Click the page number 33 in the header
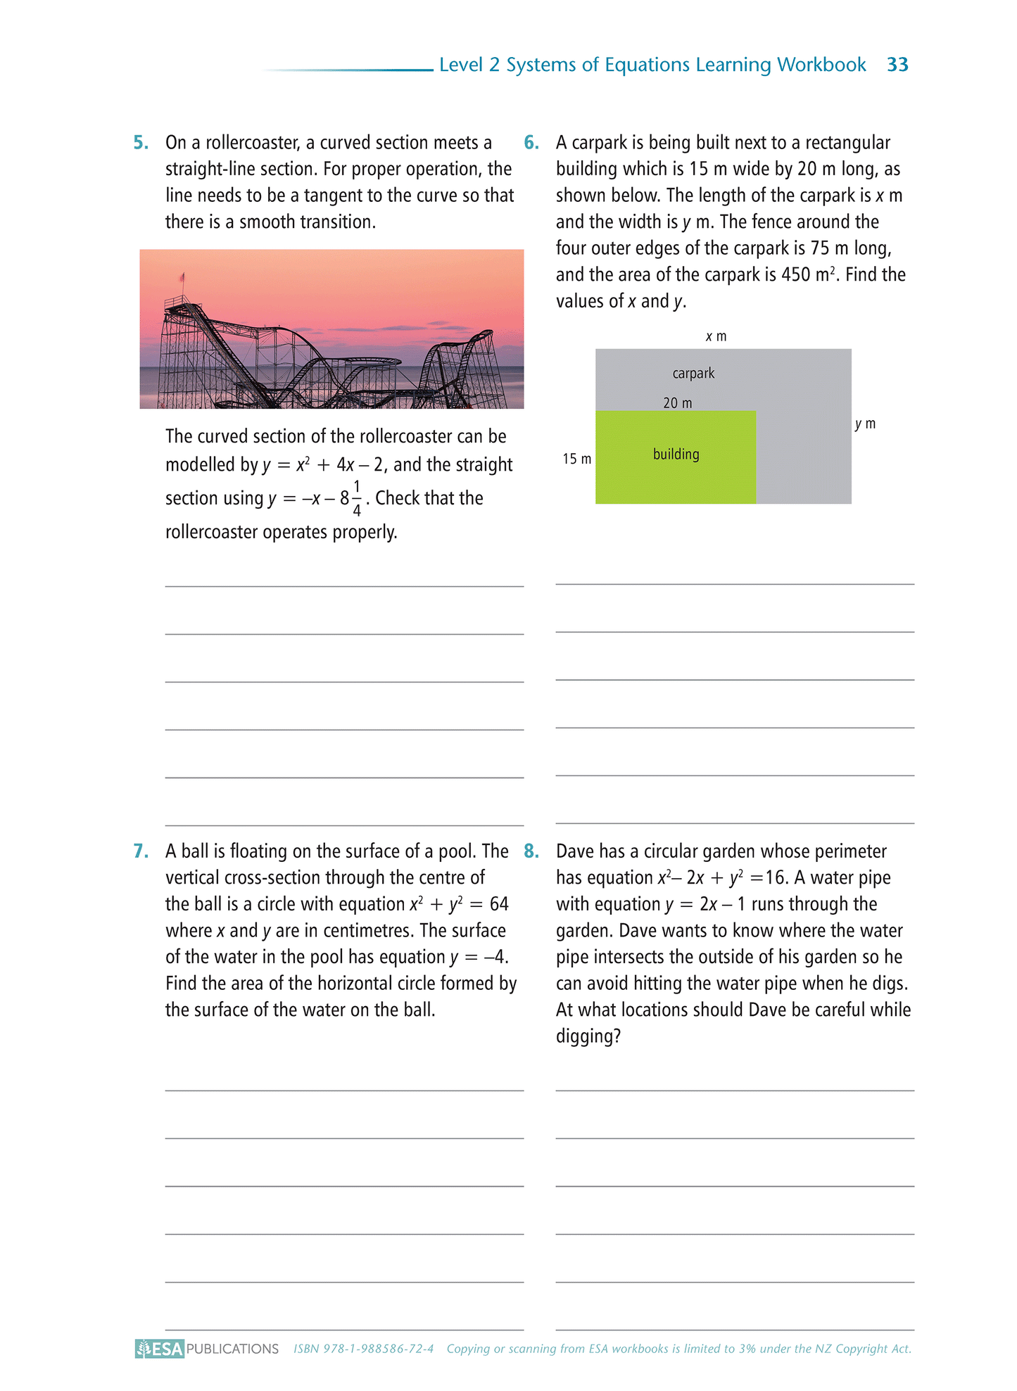(897, 65)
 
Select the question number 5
(141, 143)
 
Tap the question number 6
(531, 143)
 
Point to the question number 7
(141, 851)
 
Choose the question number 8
(531, 851)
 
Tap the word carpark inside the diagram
(693, 374)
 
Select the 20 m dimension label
(677, 403)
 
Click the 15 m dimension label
(576, 459)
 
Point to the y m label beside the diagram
(865, 424)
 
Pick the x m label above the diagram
(716, 336)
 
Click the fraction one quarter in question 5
(357, 498)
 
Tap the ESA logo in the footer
(160, 1349)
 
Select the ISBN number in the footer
(363, 1349)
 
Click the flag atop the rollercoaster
(182, 277)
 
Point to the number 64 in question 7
(499, 904)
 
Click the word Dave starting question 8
(575, 851)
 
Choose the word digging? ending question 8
(588, 1036)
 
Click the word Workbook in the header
(821, 65)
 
